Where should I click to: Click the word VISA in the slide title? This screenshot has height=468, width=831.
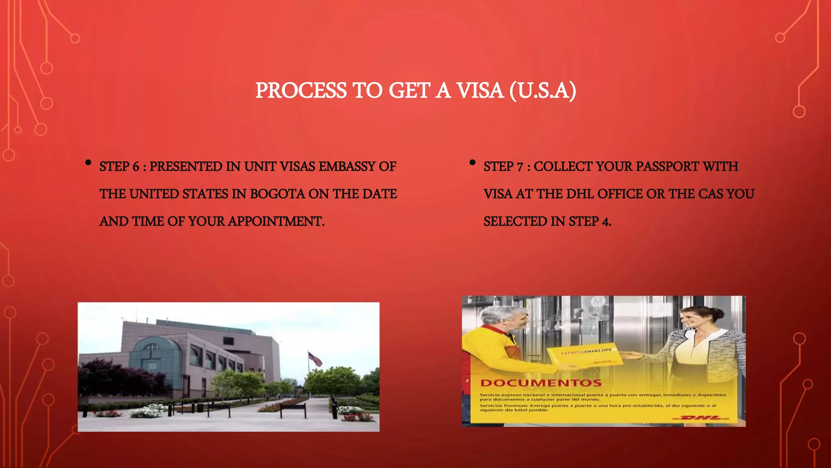pos(480,90)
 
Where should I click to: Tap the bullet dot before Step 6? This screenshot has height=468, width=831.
pos(88,163)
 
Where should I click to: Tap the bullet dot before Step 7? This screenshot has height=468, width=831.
pos(472,163)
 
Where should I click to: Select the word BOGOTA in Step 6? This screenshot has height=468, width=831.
pos(277,194)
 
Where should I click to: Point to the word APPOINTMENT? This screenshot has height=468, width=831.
pos(276,221)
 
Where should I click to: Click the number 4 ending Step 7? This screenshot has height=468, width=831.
pos(606,222)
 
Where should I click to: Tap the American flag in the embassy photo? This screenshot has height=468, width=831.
pos(315,359)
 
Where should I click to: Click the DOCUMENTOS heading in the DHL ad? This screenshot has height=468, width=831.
pos(541,383)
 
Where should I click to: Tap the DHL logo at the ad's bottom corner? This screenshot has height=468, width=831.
pos(701,418)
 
